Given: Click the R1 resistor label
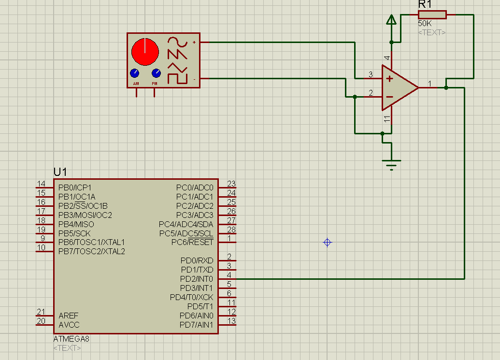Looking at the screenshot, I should coord(425,5).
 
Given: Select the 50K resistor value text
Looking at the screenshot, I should coord(426,23).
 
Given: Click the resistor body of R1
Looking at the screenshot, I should coord(432,14).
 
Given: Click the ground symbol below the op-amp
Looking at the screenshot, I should coord(391,164).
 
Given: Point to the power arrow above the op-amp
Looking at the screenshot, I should coord(391,20).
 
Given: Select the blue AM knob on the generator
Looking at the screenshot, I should coord(134,73).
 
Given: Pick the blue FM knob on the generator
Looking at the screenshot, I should coord(156,73).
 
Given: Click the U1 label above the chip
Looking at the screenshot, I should coord(60,172).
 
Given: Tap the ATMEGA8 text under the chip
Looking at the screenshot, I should coord(71,339).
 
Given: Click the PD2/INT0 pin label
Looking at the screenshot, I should coord(197,279).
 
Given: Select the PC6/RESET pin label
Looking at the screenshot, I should coord(192,242).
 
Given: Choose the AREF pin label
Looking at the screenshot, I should coord(68,316).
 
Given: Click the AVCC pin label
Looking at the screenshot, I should coord(69,325).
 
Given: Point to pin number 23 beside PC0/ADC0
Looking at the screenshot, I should coord(231,184).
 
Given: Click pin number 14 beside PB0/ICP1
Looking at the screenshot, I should coord(42,184).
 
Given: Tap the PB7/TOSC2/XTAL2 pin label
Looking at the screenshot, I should coord(92,251).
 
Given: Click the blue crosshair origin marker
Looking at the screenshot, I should coord(328,242).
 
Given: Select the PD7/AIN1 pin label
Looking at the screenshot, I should coord(196,325).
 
